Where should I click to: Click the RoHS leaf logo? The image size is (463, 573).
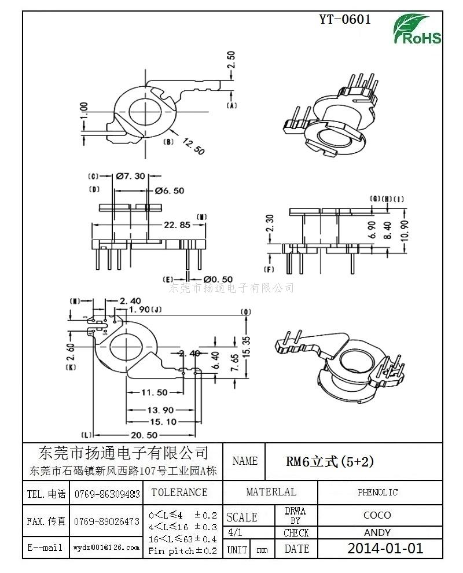point(417,29)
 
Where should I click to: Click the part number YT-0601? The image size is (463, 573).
point(345,19)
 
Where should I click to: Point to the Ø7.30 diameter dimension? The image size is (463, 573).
point(130,177)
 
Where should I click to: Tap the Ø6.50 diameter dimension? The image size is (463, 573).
point(169,190)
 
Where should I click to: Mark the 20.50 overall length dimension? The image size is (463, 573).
point(144,435)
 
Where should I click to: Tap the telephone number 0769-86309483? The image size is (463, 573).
point(107,494)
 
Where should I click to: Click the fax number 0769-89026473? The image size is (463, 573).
point(107,521)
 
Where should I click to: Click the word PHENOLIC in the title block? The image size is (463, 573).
point(377,493)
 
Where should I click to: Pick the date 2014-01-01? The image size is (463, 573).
point(385,548)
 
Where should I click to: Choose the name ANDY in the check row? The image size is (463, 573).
point(377,532)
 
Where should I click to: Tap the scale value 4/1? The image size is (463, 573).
point(236,532)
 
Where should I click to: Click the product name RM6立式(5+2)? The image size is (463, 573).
point(330,461)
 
